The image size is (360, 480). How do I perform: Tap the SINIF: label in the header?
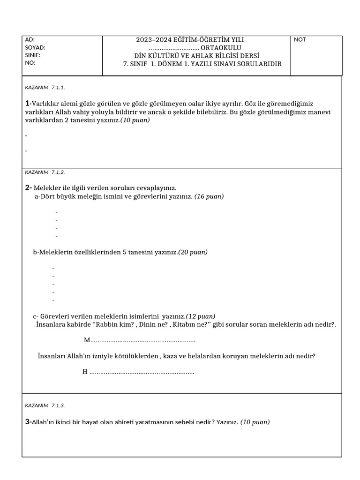(32, 55)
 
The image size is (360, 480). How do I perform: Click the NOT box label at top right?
(300, 40)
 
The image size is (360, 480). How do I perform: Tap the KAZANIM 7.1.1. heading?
(45, 87)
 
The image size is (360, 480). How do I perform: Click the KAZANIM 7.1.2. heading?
(45, 172)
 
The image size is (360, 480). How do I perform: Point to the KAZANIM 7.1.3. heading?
(45, 405)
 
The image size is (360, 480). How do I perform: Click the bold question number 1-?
(28, 103)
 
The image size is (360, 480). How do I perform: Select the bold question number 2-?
(28, 187)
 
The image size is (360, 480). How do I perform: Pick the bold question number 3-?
(28, 422)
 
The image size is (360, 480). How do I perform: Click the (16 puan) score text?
(209, 196)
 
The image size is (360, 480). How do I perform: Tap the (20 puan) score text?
(193, 252)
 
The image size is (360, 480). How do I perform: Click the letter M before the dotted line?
(86, 339)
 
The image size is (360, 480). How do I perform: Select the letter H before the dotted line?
(85, 372)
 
